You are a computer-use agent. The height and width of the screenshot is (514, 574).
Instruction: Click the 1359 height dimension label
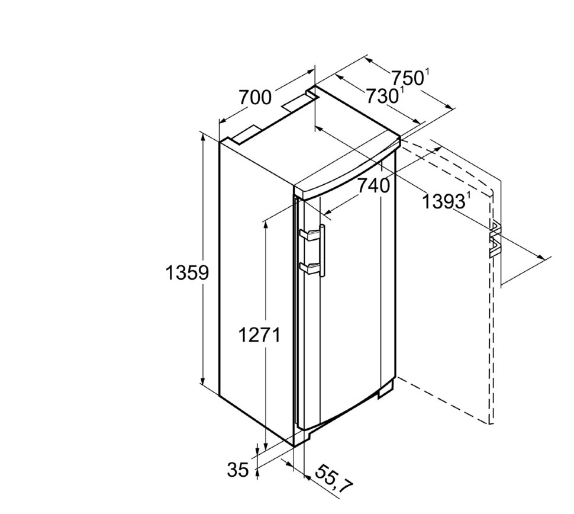187,272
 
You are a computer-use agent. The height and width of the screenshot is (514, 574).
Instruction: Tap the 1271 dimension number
259,335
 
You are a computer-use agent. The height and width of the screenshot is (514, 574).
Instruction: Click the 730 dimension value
382,96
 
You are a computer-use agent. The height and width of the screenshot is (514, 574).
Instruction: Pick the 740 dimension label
374,186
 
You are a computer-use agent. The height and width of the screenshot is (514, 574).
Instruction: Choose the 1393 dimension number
444,201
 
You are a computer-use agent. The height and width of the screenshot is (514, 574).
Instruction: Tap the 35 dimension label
238,470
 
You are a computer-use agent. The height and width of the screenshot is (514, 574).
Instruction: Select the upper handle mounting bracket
309,234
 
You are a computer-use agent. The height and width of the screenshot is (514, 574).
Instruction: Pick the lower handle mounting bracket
309,268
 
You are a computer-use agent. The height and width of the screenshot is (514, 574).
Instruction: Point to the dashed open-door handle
494,239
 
